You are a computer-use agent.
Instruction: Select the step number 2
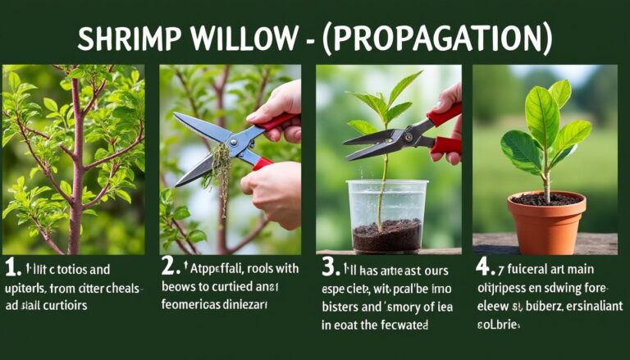pos(169,267)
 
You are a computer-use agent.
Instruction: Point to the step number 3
pos(326,267)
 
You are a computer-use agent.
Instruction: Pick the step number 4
pos(482,267)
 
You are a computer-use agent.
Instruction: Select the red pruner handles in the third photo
pos(445,131)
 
